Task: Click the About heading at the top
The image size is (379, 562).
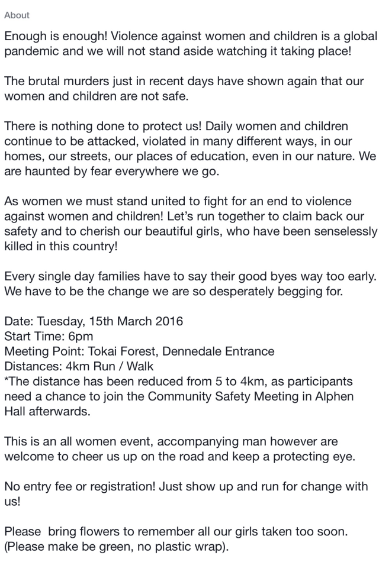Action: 17,15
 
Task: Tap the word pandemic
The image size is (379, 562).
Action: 30,51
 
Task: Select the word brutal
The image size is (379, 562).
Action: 44,81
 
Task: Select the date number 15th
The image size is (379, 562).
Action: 102,322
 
